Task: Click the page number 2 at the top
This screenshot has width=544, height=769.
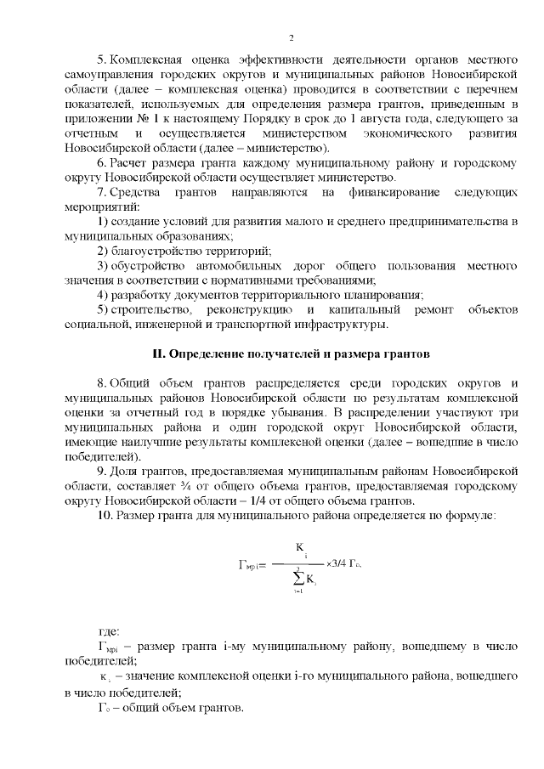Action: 291,38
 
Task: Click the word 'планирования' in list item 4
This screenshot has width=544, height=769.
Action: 382,296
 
